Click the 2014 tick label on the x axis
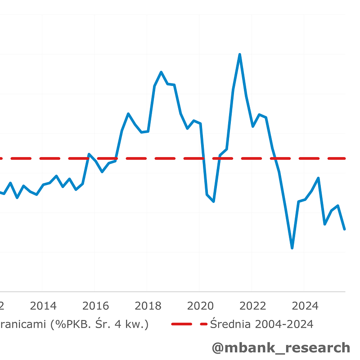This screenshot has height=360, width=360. [43, 306]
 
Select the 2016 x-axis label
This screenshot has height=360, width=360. [95, 306]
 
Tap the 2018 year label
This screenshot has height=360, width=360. [148, 306]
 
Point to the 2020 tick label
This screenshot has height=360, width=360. [200, 306]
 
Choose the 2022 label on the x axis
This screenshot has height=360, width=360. [252, 306]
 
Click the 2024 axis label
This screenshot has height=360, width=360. [305, 306]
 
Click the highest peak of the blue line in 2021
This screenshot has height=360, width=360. [239, 54]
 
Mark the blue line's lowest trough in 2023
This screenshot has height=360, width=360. [292, 248]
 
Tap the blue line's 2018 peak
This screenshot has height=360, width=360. [161, 72]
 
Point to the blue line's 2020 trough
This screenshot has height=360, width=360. [213, 201]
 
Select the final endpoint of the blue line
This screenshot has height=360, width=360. [345, 229]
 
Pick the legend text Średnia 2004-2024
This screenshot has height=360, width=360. [261, 324]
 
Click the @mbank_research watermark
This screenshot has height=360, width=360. [281, 347]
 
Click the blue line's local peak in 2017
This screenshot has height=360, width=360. [128, 113]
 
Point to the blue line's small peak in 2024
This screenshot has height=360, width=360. [318, 178]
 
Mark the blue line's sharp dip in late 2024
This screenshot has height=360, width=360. [325, 224]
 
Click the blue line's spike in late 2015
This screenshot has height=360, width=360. [89, 154]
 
